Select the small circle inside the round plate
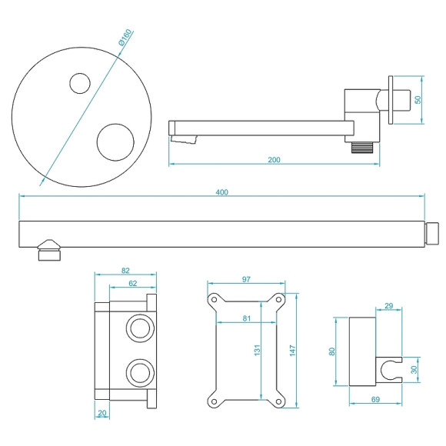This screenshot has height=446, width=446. click(x=79, y=82)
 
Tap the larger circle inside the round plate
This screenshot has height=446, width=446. click(x=115, y=141)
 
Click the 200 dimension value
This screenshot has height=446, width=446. click(x=275, y=159)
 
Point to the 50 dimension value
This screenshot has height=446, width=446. click(x=418, y=99)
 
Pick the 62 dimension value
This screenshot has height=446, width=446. click(x=133, y=284)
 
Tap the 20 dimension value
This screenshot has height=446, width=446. click(x=103, y=414)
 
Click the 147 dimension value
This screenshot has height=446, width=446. click(x=293, y=350)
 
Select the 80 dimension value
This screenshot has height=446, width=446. click(x=333, y=351)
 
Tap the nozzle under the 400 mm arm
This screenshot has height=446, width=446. click(x=49, y=251)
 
